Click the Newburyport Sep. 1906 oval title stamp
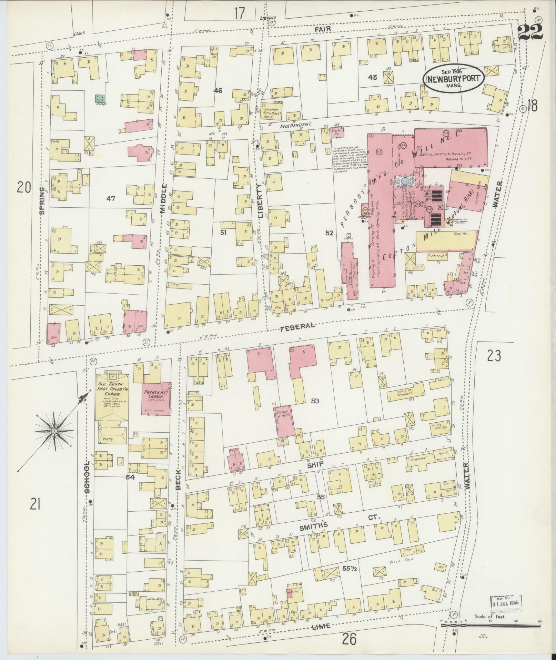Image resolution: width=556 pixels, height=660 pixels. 454,78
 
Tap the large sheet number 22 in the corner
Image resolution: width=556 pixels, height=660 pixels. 530,32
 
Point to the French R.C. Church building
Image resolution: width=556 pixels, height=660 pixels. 157,398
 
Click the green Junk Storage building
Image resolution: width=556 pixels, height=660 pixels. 100,98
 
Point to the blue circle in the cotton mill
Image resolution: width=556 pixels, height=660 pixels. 406,181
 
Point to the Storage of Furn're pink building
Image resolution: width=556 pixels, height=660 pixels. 284,422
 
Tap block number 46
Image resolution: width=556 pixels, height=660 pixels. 218,91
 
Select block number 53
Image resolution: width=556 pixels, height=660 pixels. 315,401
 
